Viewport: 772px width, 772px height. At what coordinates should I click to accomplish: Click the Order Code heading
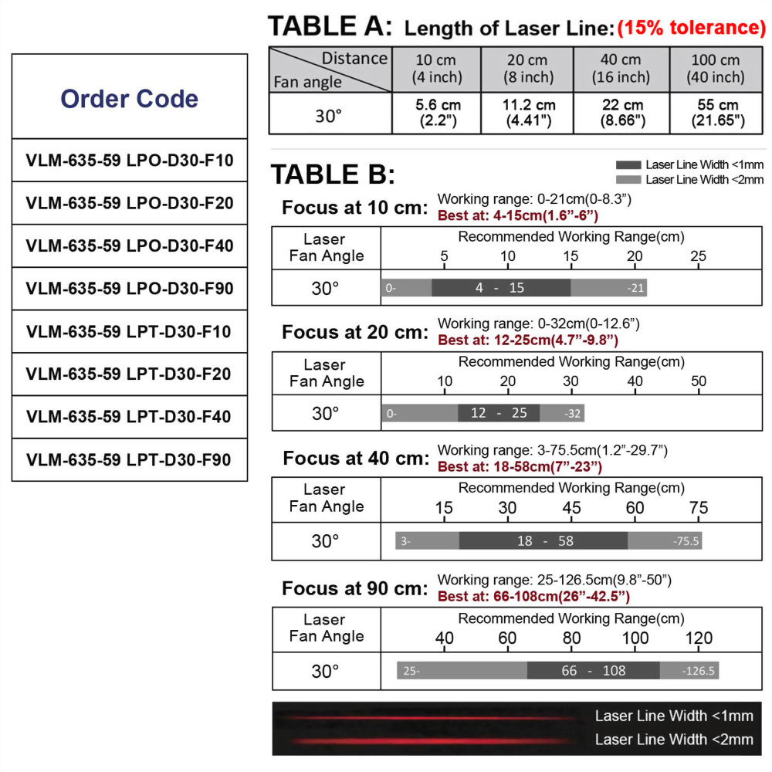tap(129, 99)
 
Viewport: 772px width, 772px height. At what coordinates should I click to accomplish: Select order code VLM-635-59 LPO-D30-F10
tap(129, 161)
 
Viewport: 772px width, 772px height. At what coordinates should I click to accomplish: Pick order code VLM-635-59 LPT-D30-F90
tap(129, 460)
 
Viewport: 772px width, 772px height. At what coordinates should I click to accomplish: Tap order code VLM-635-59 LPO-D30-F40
tap(129, 246)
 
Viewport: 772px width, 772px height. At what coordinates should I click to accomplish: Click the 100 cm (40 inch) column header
tap(716, 69)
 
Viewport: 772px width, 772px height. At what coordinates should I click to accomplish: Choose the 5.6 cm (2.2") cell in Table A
tap(437, 113)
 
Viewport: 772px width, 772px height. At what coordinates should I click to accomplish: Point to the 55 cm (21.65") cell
tap(716, 113)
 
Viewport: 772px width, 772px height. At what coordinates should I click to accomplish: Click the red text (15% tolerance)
tap(691, 29)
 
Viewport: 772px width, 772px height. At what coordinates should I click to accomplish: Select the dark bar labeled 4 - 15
tap(500, 288)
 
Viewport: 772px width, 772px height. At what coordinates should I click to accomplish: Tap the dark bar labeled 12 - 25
tap(499, 413)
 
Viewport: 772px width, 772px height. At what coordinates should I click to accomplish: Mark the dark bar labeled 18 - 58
tap(544, 541)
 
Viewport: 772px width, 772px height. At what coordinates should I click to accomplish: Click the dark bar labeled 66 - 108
tap(593, 671)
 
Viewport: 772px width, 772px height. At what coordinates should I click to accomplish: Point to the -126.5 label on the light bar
tap(699, 671)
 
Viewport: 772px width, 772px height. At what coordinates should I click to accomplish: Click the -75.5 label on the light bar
tap(685, 541)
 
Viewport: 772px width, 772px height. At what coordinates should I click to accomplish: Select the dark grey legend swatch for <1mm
tap(628, 165)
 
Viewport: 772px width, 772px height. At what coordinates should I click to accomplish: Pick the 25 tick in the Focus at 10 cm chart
tap(698, 256)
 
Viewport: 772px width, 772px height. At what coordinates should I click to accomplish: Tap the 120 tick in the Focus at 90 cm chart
tap(699, 638)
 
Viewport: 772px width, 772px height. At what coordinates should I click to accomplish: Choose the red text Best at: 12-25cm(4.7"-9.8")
tap(528, 340)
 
